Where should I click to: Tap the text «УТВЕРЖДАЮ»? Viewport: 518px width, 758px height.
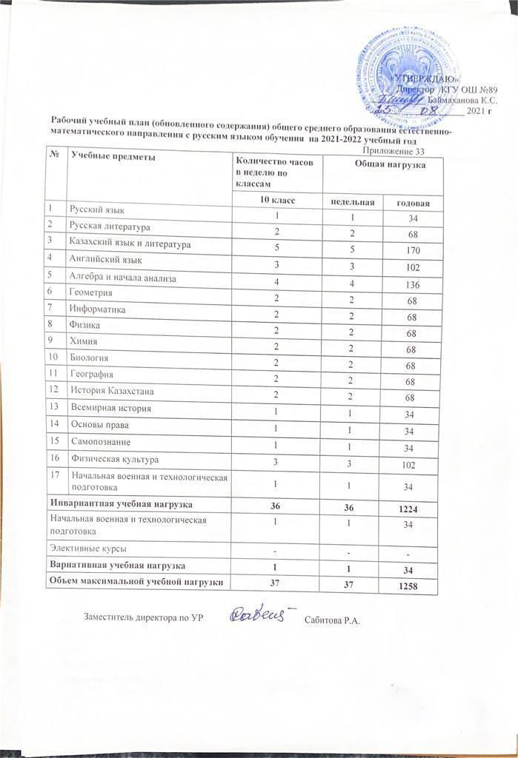[425, 78]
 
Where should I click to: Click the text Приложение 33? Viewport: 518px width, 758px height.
[408, 151]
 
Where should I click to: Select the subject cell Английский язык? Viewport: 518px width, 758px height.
[106, 261]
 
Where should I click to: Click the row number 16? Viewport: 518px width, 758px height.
[54, 459]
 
